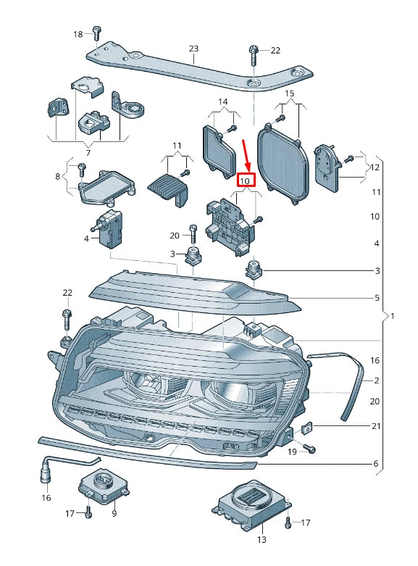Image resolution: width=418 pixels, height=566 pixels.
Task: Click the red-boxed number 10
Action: tap(245, 180)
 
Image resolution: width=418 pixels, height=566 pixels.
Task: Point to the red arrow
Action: tap(246, 155)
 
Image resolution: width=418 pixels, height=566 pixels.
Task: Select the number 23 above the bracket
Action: tap(193, 49)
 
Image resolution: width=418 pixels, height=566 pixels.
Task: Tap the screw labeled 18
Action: tap(96, 33)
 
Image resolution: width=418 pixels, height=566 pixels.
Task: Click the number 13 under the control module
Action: tap(262, 539)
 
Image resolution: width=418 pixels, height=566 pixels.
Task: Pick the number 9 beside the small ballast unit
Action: tap(114, 513)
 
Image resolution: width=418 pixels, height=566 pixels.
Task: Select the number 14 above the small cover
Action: tap(222, 101)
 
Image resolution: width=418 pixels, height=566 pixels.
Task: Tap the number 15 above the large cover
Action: tap(290, 93)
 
